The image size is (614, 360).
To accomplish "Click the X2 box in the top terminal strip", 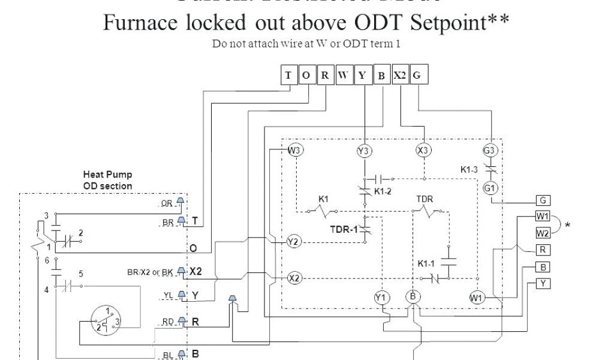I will (399, 75).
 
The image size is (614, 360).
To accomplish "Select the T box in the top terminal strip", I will (288, 75).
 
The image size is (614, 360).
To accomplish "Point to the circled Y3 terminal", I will (363, 151).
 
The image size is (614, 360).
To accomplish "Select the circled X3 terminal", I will (423, 150).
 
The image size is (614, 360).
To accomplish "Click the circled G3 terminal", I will (490, 150).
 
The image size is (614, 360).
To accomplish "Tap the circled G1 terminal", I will (490, 188).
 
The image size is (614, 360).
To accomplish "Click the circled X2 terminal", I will (294, 278).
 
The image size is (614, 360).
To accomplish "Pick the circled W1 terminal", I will (477, 297).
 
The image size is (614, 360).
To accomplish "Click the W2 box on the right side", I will (543, 232).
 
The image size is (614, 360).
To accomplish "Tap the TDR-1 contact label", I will (342, 229).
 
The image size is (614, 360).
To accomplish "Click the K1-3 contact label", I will (469, 170).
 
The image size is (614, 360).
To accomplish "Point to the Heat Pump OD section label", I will (107, 180).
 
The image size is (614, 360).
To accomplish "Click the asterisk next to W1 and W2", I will (567, 226).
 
